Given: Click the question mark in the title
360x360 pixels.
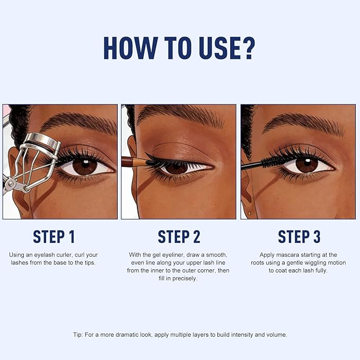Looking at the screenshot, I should (245, 48).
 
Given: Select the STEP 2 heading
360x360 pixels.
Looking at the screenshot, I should (180, 236).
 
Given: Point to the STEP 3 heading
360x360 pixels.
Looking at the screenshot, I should (300, 236).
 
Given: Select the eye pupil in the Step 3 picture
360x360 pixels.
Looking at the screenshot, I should (306, 165).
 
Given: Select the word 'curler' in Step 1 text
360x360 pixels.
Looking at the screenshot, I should (83, 255).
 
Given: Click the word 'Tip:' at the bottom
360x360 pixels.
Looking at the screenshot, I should (79, 335).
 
